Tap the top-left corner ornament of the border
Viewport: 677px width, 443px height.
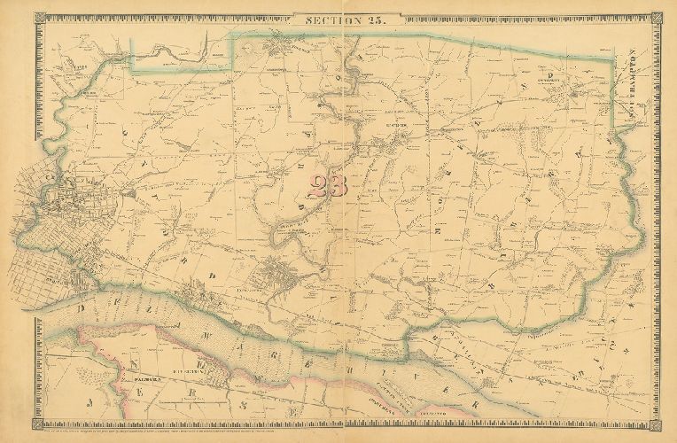[40, 18]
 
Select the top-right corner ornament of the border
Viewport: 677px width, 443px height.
[657, 18]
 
